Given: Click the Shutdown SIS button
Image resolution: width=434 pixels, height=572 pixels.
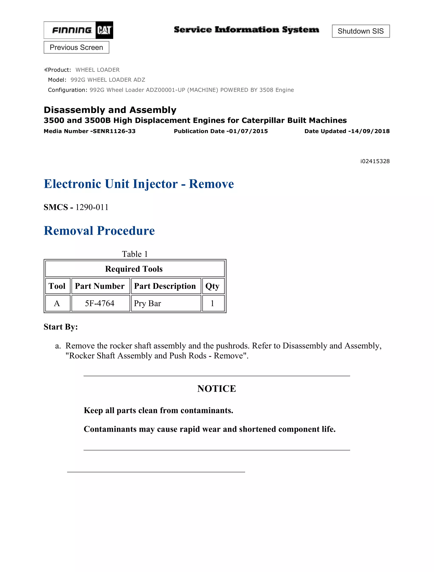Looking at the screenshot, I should pos(360,31).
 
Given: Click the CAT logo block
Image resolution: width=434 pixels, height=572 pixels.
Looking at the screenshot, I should pos(104,30).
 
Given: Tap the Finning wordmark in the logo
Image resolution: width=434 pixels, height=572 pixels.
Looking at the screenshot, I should pos(72,30).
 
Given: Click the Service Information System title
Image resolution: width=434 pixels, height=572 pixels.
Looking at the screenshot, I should pos(246,30).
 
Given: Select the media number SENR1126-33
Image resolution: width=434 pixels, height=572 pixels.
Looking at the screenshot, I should pos(114,131).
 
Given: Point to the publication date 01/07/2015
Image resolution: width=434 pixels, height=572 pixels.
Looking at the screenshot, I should pos(248,131).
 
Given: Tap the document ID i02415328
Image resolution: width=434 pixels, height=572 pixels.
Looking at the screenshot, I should pos(375,161).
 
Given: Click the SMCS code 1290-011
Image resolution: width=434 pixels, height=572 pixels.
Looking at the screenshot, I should pos(92,207).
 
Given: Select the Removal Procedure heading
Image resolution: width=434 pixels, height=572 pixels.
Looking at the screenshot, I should pos(99,231).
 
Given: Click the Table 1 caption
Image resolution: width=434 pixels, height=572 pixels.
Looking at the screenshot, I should pos(135,254).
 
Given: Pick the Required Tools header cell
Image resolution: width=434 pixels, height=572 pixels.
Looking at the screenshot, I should pos(134,269).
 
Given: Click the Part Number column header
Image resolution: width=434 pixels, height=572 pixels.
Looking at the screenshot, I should pos(100,286).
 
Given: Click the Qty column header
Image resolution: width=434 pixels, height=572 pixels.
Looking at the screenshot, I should pos(212,286).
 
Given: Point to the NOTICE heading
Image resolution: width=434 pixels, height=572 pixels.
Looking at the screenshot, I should pos(217,389).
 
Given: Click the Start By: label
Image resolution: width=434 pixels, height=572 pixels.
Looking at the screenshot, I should pos(61,327).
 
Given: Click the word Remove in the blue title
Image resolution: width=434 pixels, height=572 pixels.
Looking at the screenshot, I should pos(211,184).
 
